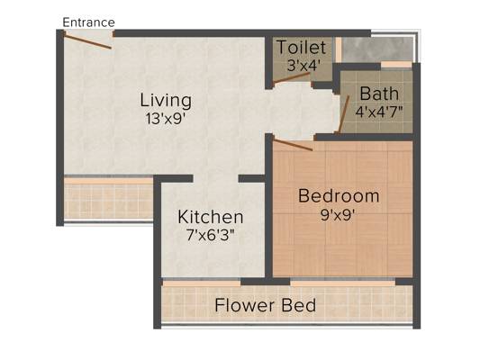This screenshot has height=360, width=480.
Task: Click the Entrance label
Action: [88, 22]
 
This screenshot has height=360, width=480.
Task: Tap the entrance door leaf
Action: [87, 42]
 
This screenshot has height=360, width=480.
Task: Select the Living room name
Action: [166, 101]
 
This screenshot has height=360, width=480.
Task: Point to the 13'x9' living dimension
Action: [166, 119]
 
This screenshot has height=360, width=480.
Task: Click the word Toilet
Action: [301, 48]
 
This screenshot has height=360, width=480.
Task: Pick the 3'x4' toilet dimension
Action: [303, 66]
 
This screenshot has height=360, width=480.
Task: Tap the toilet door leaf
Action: [293, 77]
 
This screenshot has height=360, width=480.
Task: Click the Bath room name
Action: [379, 94]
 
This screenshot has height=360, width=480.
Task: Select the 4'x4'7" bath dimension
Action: [379, 112]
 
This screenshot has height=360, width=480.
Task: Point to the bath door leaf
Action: [344, 114]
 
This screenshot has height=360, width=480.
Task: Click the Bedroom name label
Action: [339, 196]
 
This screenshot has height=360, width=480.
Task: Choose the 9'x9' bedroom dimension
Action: [338, 215]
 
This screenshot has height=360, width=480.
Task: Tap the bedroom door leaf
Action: [293, 145]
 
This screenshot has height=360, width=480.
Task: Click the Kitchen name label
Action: [211, 217]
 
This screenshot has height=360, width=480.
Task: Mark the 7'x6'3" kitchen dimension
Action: [211, 235]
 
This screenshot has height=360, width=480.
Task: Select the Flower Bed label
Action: [265, 305]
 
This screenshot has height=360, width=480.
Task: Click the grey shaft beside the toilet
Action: [377, 49]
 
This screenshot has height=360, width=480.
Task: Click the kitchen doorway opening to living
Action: [215, 178]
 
